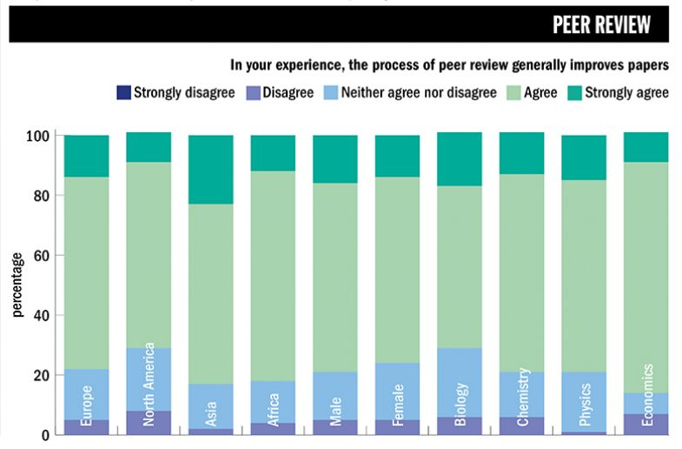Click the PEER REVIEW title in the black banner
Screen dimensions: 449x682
(x=601, y=25)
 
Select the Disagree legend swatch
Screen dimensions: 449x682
(x=254, y=92)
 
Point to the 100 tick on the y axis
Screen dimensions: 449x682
(x=39, y=136)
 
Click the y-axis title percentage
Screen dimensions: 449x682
(x=17, y=285)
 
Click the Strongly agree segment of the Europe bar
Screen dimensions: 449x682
(x=86, y=156)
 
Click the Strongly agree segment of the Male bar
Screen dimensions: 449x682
(x=334, y=159)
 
